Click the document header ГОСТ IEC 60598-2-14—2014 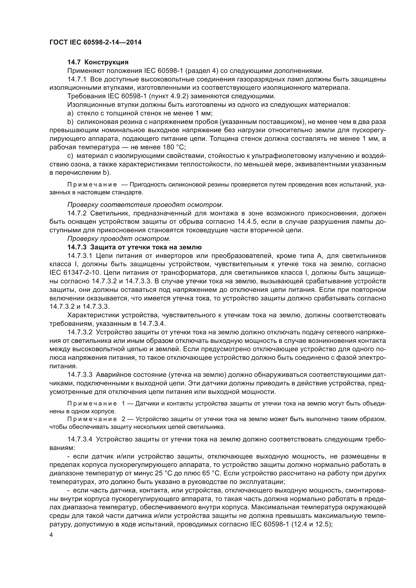[95, 42]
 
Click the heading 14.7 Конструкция [98, 62]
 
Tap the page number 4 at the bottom [51, 535]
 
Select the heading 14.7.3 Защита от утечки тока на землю [135, 247]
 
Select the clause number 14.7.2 [77, 213]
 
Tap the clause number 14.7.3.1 [80, 256]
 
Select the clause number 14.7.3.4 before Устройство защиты [80, 439]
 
